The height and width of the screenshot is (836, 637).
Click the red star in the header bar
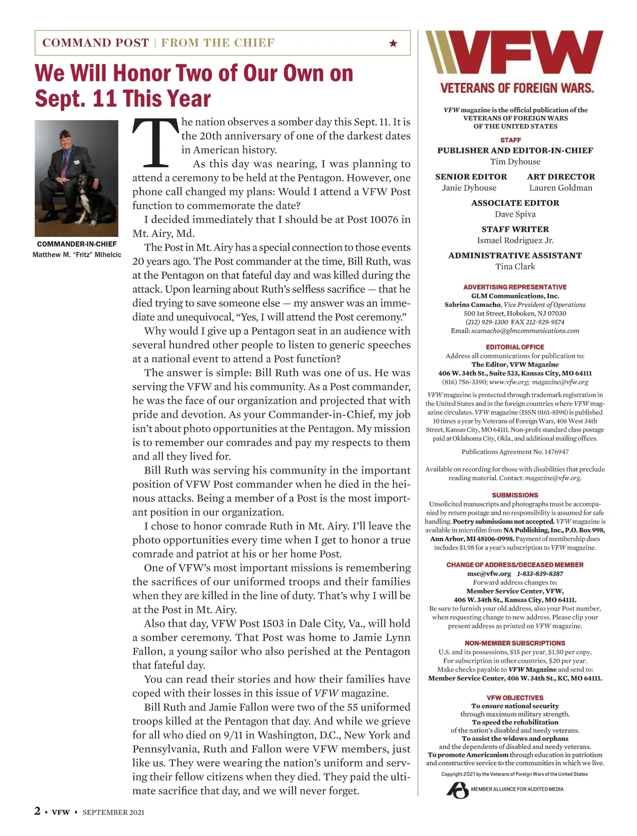393,43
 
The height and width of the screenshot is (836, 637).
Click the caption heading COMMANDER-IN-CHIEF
77,244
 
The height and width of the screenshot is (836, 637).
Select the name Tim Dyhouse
515,161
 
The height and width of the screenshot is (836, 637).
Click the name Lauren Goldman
561,187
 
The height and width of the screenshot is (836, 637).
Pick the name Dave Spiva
515,214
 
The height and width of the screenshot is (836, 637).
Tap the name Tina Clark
515,266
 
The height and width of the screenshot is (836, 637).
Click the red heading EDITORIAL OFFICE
515,347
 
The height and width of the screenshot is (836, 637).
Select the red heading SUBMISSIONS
515,495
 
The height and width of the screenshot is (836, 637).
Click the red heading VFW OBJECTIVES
515,697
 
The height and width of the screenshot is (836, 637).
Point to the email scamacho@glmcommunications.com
525,330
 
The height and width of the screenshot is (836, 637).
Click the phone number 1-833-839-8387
540,574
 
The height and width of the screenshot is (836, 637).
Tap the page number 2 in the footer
38,811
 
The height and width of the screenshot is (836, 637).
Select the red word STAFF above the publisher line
511,140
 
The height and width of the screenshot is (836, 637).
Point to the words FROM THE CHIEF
218,43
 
